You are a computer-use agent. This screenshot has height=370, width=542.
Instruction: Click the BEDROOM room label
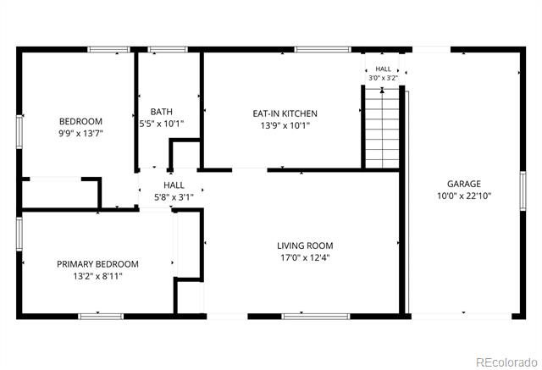click(81, 121)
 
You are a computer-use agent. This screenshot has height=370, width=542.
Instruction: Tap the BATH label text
click(162, 112)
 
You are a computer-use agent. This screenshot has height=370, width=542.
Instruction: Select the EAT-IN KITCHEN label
click(285, 113)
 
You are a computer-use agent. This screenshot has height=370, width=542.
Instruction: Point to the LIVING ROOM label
click(305, 246)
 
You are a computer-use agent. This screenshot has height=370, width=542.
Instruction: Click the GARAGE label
click(464, 184)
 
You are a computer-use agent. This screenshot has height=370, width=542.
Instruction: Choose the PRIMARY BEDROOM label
click(97, 264)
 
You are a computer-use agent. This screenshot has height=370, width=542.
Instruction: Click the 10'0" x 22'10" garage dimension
click(464, 196)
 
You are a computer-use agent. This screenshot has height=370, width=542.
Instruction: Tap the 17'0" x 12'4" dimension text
click(305, 257)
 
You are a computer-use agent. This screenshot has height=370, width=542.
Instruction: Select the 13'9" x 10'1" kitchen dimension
click(285, 125)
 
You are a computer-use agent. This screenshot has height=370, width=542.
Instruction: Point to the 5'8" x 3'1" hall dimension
click(174, 197)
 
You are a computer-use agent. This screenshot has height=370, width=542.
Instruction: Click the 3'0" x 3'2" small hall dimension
click(383, 78)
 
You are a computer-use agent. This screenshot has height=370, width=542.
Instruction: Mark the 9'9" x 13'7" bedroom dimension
click(81, 133)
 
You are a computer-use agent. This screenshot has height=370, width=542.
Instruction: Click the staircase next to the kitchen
click(382, 129)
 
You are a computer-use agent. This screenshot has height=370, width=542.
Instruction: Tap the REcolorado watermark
click(506, 362)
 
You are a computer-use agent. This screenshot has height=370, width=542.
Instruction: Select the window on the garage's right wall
click(523, 191)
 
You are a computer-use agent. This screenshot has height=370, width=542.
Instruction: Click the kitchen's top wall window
click(323, 49)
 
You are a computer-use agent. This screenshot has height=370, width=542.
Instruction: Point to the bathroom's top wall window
click(168, 49)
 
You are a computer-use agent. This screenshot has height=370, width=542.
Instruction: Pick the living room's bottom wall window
click(316, 316)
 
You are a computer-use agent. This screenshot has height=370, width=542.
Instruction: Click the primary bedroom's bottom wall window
click(101, 316)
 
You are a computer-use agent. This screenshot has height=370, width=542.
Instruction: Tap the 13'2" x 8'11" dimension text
click(97, 276)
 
